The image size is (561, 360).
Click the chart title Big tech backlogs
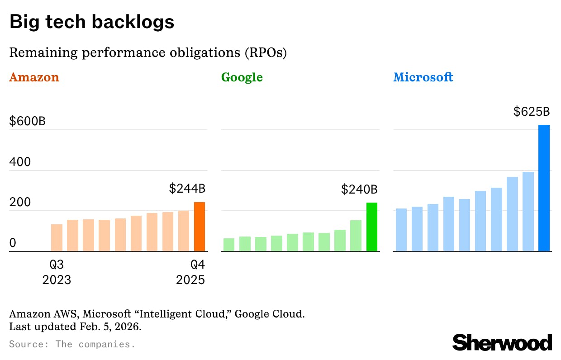point(92,22)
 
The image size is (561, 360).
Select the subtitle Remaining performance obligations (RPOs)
point(148,52)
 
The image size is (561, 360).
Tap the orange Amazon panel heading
point(34,77)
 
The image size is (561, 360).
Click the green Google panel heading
point(242,77)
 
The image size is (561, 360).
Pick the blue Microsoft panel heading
point(423,77)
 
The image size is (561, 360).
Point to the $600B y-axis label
point(27,121)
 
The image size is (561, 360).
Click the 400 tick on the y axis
point(20,162)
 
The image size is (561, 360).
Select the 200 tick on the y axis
point(20,202)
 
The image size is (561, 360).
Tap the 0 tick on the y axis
point(13,243)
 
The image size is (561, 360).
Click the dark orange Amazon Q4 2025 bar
point(200,227)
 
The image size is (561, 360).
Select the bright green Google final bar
point(371,227)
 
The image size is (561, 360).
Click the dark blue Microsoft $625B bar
point(544,188)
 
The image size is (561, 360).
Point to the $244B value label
point(187,189)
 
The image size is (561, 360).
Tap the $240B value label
point(359,189)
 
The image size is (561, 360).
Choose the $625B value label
point(531,112)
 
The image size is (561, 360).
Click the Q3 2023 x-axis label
point(57,272)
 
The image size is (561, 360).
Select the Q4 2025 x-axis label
point(190,272)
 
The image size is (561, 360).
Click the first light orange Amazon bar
point(57,237)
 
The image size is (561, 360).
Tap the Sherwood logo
point(502,342)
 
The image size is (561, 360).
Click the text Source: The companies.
point(72,344)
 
